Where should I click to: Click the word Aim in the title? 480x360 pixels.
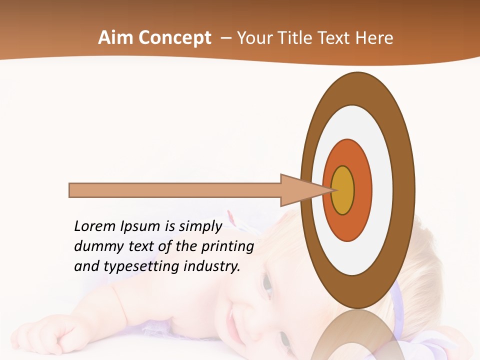click(115, 38)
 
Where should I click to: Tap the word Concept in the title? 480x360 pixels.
click(174, 38)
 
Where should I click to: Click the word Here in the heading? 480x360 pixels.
click(374, 38)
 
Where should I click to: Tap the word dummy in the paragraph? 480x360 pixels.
click(96, 246)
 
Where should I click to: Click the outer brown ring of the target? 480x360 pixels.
click(403, 190)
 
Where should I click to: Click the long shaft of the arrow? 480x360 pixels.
click(175, 190)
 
